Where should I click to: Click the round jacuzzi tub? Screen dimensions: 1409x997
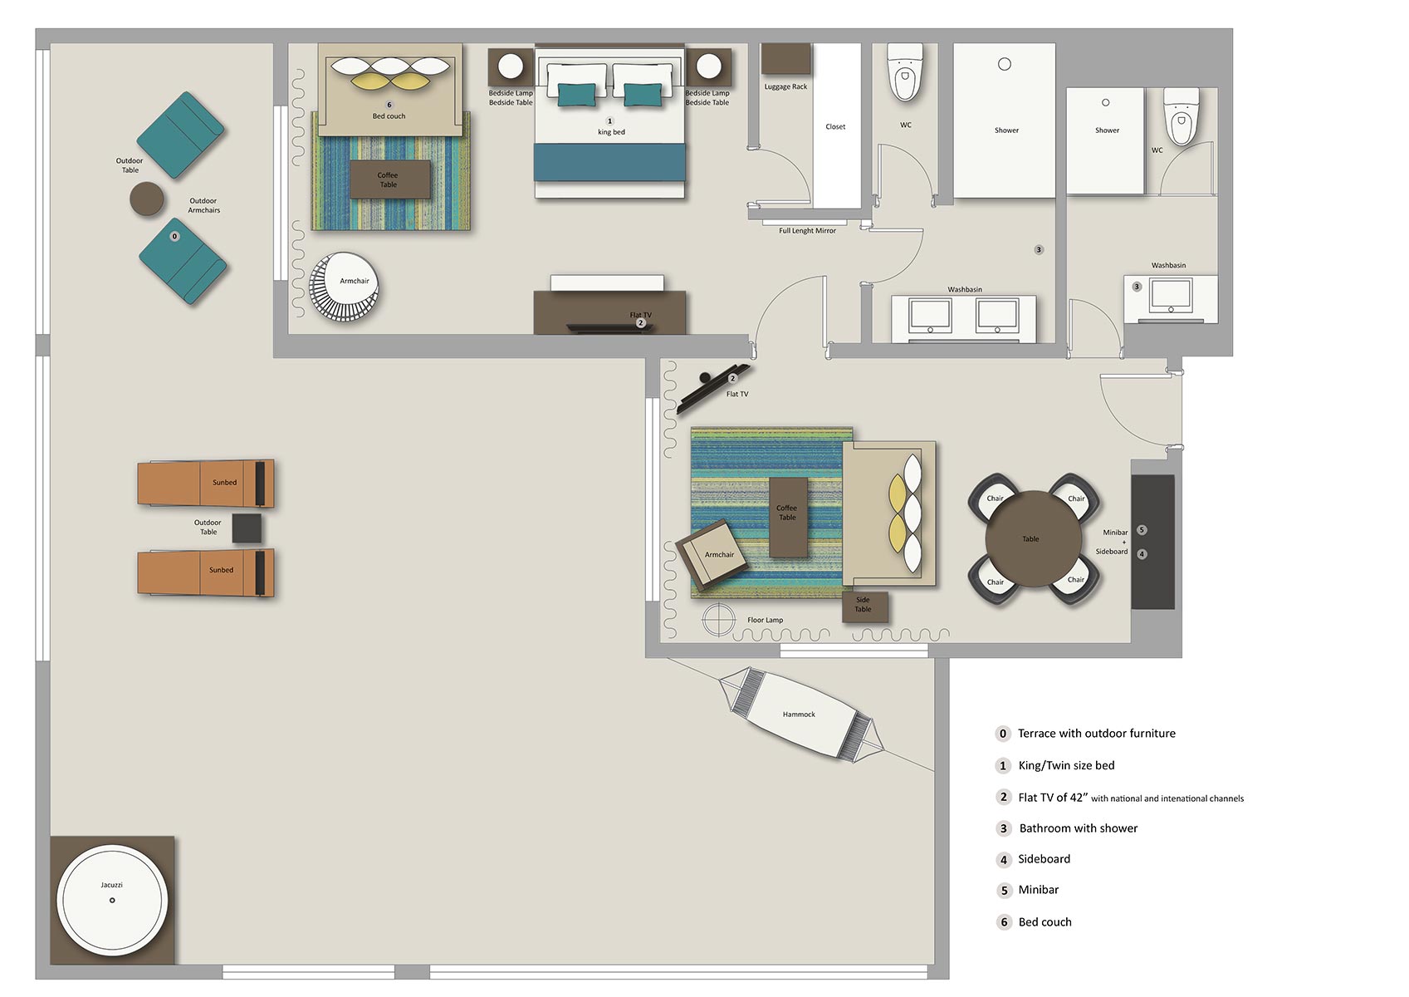click(112, 900)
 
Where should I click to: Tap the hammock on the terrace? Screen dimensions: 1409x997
click(801, 715)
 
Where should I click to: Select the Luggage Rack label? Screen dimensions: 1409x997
click(785, 87)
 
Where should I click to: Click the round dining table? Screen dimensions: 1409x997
click(1033, 538)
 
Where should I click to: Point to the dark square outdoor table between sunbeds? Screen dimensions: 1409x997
click(247, 528)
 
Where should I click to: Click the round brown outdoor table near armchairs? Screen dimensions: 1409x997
click(147, 199)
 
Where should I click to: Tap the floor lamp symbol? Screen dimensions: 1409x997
click(718, 620)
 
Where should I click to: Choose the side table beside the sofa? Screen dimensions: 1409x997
click(865, 607)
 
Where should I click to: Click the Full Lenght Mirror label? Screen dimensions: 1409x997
click(807, 231)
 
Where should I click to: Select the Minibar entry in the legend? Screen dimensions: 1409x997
click(1038, 890)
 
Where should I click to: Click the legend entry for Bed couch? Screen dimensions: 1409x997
click(1045, 922)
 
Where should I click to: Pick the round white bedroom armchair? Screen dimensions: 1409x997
click(344, 287)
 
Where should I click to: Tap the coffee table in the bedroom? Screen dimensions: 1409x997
click(390, 179)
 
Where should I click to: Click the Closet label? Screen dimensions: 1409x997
click(835, 127)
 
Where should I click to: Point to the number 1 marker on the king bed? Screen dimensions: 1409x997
click(609, 120)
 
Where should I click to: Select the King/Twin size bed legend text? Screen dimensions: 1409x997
click(1066, 765)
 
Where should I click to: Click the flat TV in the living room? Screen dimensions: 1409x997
click(712, 388)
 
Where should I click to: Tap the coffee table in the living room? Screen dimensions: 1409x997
click(788, 518)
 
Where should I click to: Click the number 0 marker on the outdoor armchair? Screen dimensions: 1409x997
click(175, 237)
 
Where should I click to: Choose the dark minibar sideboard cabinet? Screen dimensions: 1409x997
click(1153, 542)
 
